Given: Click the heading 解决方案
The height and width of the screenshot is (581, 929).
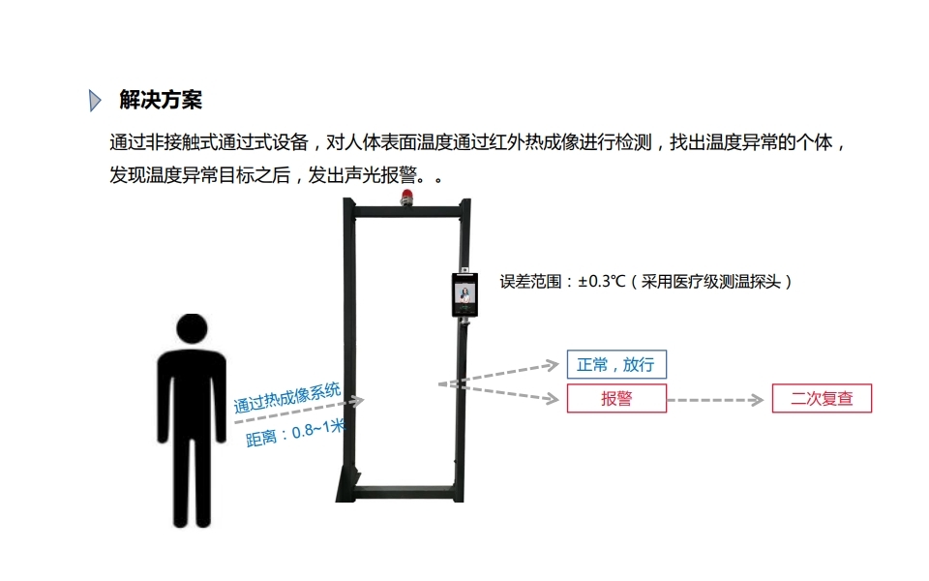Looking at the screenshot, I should tap(161, 100).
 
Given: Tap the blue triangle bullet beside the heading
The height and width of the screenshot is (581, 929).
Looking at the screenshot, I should tap(95, 100).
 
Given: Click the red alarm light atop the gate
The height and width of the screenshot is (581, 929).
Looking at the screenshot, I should tap(405, 199).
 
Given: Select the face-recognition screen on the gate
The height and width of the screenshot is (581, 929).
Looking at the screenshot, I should tap(464, 295).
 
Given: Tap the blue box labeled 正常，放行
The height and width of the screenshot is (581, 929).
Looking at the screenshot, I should tap(616, 364).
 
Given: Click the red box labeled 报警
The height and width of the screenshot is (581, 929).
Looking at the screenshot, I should tap(616, 398).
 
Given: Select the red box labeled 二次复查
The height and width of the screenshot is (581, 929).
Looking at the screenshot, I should tap(822, 398).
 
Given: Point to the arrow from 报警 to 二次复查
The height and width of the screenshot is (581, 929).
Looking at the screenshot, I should tap(716, 399).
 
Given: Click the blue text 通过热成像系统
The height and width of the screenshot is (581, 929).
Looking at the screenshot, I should tap(287, 398).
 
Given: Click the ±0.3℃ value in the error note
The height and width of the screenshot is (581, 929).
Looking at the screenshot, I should tap(602, 282).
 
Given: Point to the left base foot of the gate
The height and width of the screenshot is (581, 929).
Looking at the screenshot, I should tap(346, 490).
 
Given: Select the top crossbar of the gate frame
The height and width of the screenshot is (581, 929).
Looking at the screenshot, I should tap(406, 208).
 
